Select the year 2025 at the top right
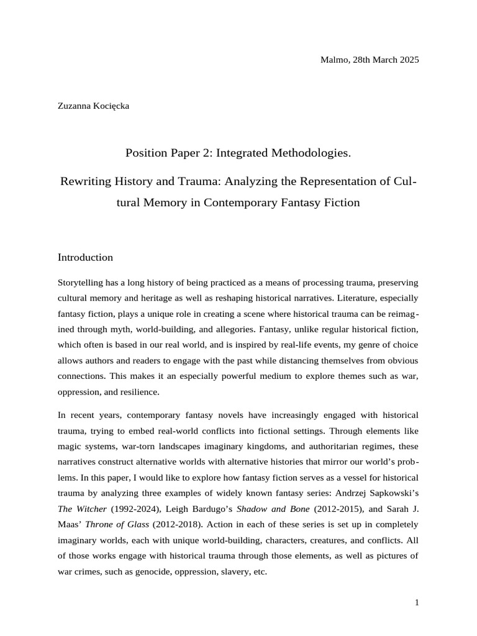pos(407,60)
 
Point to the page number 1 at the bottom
pos(417,602)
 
